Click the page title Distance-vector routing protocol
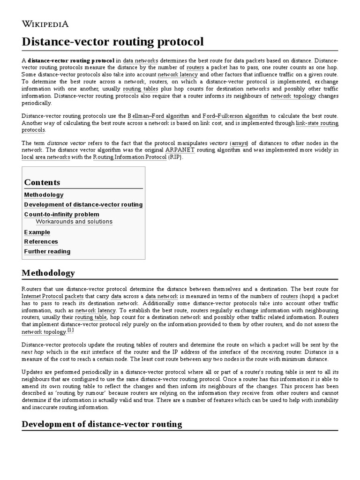(113, 42)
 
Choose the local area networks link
(46, 157)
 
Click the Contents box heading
(42, 182)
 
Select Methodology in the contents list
(44, 195)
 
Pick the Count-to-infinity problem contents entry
(62, 215)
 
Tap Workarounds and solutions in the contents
(74, 222)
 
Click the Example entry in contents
(37, 232)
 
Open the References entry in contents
(41, 242)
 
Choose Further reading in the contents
(47, 252)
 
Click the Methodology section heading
(48, 273)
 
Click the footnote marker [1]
(71, 330)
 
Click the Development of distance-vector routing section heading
(102, 424)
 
